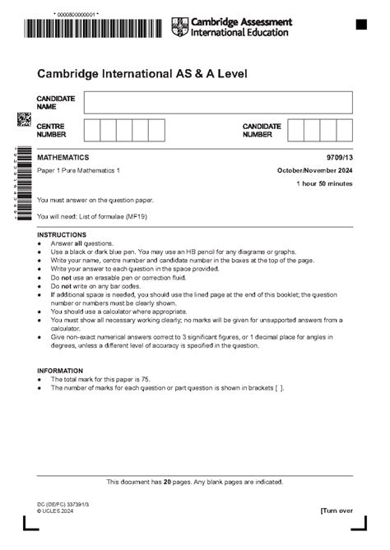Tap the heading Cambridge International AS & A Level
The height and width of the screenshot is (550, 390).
pos(142,74)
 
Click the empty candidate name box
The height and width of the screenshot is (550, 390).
pos(218,102)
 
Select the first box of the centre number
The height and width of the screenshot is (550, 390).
pos(91,130)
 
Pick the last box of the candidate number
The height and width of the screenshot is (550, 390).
pos(344,130)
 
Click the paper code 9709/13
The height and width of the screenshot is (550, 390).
pos(339,157)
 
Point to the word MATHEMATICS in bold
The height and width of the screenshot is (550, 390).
pos(63,157)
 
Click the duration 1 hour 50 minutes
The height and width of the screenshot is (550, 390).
pos(325,184)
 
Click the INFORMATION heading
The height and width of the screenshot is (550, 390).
pos(60,371)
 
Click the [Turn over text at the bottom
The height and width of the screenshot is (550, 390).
pos(337,511)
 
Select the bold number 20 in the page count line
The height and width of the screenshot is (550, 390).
pos(167,482)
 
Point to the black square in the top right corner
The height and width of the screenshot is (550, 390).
pos(361,25)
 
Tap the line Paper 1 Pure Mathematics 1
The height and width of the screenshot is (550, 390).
pos(78,170)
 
